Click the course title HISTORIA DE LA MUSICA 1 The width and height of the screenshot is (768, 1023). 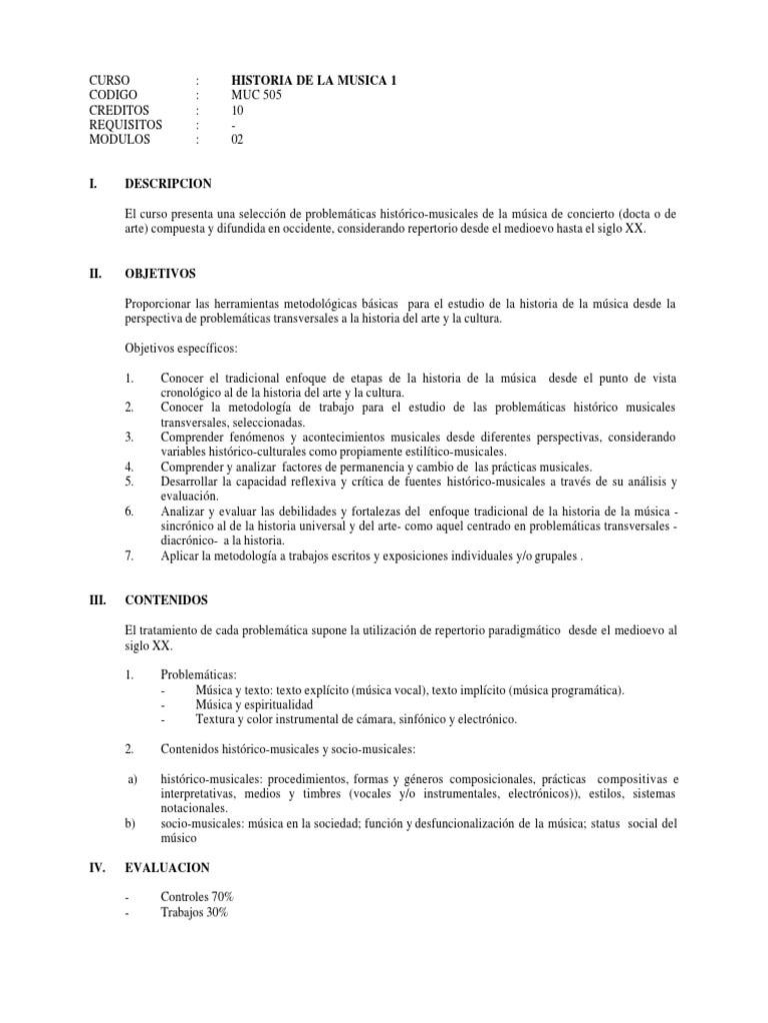(x=314, y=80)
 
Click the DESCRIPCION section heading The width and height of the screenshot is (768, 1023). (x=169, y=184)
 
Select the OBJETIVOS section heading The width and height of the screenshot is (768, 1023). (x=160, y=273)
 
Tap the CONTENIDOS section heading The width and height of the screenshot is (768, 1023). (x=167, y=601)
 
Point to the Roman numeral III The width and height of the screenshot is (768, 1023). (x=98, y=601)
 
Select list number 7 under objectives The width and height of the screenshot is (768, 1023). (x=130, y=556)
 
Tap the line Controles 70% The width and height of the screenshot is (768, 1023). (x=197, y=897)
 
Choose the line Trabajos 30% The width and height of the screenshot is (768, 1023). (x=195, y=912)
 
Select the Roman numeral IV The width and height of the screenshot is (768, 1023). (x=98, y=868)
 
